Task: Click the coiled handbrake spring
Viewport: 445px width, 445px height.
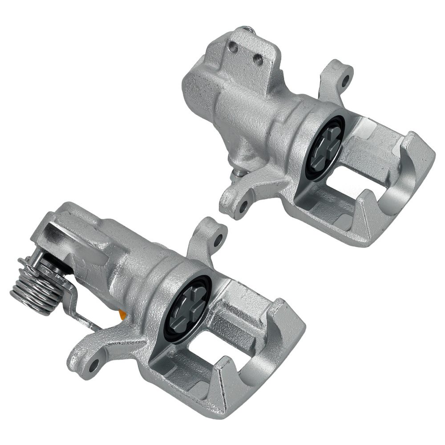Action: coord(33,285)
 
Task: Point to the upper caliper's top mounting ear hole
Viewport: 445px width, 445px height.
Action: coord(345,82)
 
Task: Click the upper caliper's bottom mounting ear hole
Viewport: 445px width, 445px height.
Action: coord(243,206)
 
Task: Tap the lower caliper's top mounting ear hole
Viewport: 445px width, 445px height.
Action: coord(218,239)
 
